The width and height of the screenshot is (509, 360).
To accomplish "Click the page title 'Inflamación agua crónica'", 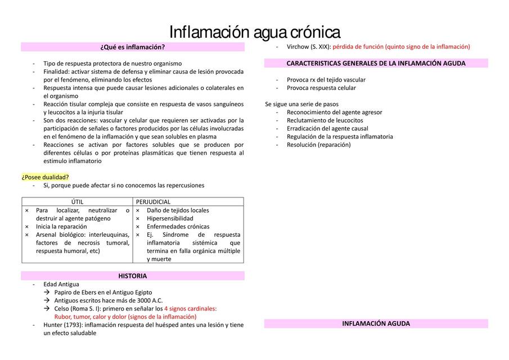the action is point(254,31).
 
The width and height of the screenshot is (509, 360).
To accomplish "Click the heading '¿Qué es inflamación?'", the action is point(133,47).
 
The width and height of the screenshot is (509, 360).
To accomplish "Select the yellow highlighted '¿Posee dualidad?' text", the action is point(46,177).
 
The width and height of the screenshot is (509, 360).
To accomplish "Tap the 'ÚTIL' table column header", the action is point(78,202).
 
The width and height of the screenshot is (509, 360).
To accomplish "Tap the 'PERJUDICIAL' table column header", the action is point(154,202).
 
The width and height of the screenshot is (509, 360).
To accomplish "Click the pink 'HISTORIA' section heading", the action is point(133,276).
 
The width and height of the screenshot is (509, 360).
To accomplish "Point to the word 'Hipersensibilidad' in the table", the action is point(170,218).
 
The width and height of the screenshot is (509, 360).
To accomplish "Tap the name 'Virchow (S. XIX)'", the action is point(308,47).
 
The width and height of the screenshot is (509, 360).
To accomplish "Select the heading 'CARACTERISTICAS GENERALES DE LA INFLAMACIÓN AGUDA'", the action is point(376,64).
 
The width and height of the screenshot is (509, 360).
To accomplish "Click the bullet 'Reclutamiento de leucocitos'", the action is point(325,120).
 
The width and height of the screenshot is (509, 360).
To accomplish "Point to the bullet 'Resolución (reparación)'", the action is point(318,145).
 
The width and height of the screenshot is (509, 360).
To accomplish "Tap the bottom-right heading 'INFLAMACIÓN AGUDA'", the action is point(376,324).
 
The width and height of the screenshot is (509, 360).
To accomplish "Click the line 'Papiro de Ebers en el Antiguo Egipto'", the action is point(103,292).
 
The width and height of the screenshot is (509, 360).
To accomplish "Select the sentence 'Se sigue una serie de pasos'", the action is point(301,104).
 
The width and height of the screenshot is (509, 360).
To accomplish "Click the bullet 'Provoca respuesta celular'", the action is point(321,88).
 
